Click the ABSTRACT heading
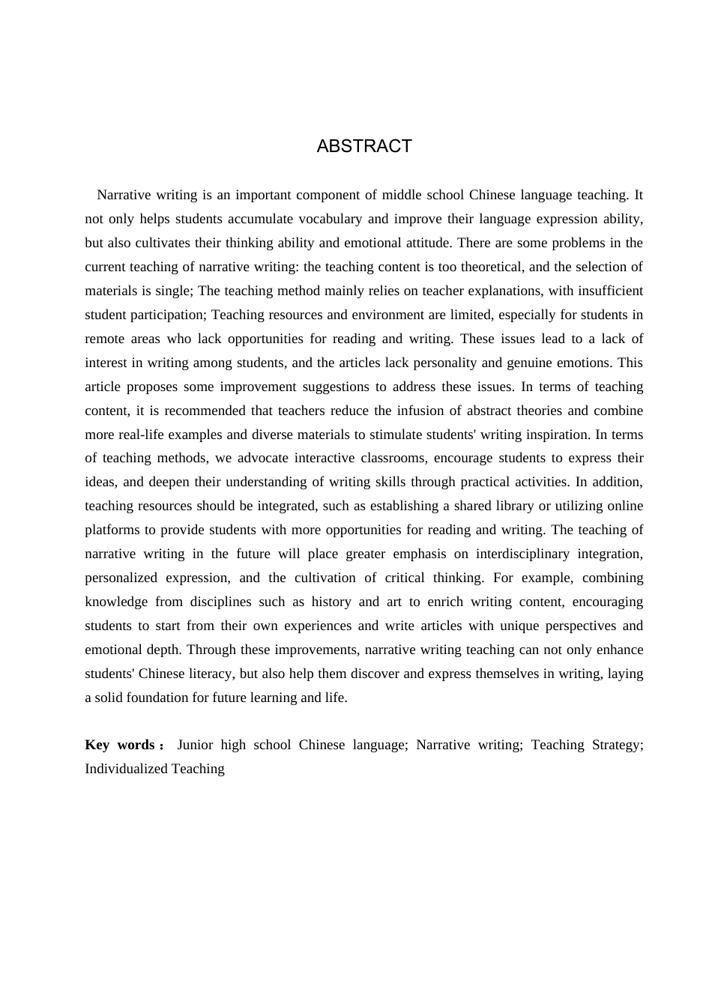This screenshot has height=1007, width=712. pos(364,146)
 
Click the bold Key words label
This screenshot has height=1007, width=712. pos(121,745)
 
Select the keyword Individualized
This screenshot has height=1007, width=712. pos(126,769)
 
